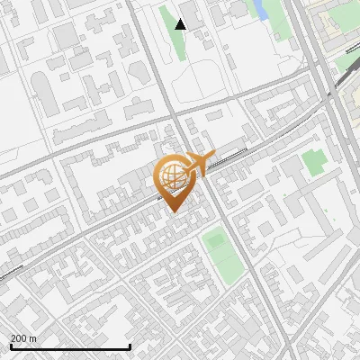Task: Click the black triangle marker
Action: point(181,24)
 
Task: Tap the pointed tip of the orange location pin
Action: point(171,211)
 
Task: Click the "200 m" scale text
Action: point(23,338)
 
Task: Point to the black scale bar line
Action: point(70,346)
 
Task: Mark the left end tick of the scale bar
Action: point(11,345)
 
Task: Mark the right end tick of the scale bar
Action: point(130,345)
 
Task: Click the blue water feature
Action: point(261,10)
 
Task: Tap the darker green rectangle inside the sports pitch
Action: point(216,241)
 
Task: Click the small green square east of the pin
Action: point(314,162)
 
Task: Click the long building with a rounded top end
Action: point(44,92)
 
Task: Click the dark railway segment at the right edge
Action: point(346,79)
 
